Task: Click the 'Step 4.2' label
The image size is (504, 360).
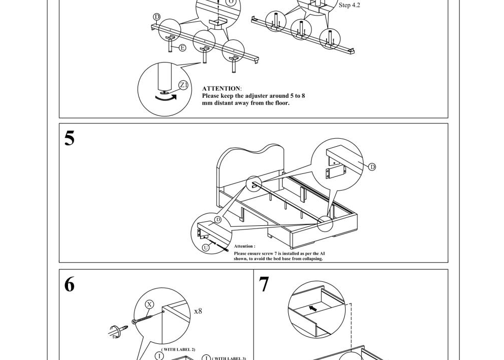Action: coord(349,5)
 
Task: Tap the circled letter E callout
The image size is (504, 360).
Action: coord(182,48)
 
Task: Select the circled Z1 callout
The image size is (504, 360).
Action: coord(183,85)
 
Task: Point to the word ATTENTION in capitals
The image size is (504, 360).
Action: coord(221,89)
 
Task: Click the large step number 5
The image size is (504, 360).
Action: coord(70,138)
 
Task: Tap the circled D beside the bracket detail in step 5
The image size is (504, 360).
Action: coord(372,167)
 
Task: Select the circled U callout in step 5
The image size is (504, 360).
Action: coord(206,248)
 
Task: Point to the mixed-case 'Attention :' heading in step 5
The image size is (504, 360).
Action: coord(244,247)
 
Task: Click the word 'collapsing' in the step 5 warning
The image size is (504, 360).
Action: coord(308,259)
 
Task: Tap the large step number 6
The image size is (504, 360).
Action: coord(70,285)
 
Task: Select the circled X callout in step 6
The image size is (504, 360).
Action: coord(149,305)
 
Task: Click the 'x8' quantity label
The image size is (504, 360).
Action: coord(198,311)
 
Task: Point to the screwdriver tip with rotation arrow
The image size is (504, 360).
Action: coord(118,331)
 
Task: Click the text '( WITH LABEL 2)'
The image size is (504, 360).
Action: coord(178,349)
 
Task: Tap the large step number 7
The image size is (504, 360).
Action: coord(264,285)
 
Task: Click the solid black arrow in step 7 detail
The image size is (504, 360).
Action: coord(313,308)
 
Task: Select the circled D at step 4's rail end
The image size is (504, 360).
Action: coord(157,17)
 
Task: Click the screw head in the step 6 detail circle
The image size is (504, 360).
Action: coord(134,322)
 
